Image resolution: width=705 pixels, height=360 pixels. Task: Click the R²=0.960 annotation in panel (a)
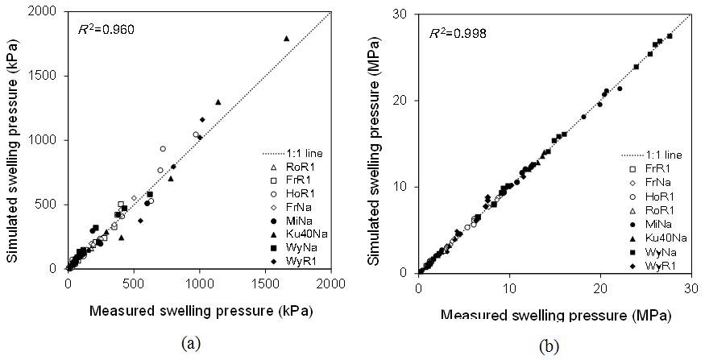tap(106, 29)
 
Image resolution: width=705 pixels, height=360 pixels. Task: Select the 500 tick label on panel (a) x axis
tap(134, 284)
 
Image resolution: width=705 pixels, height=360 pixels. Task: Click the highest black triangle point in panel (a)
tap(286, 38)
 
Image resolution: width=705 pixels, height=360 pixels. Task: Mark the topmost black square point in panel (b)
tap(670, 35)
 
